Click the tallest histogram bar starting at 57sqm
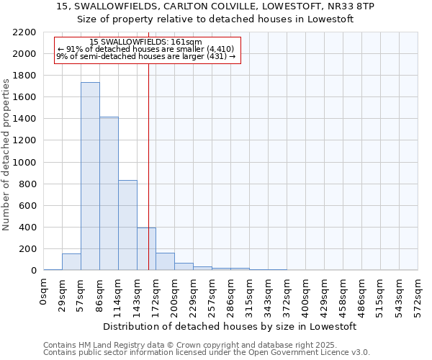tap(90, 176)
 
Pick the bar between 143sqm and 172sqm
tap(146, 248)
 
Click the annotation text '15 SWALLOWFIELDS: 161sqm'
tap(146, 42)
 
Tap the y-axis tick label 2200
tap(24, 32)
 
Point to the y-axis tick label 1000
tap(24, 163)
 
